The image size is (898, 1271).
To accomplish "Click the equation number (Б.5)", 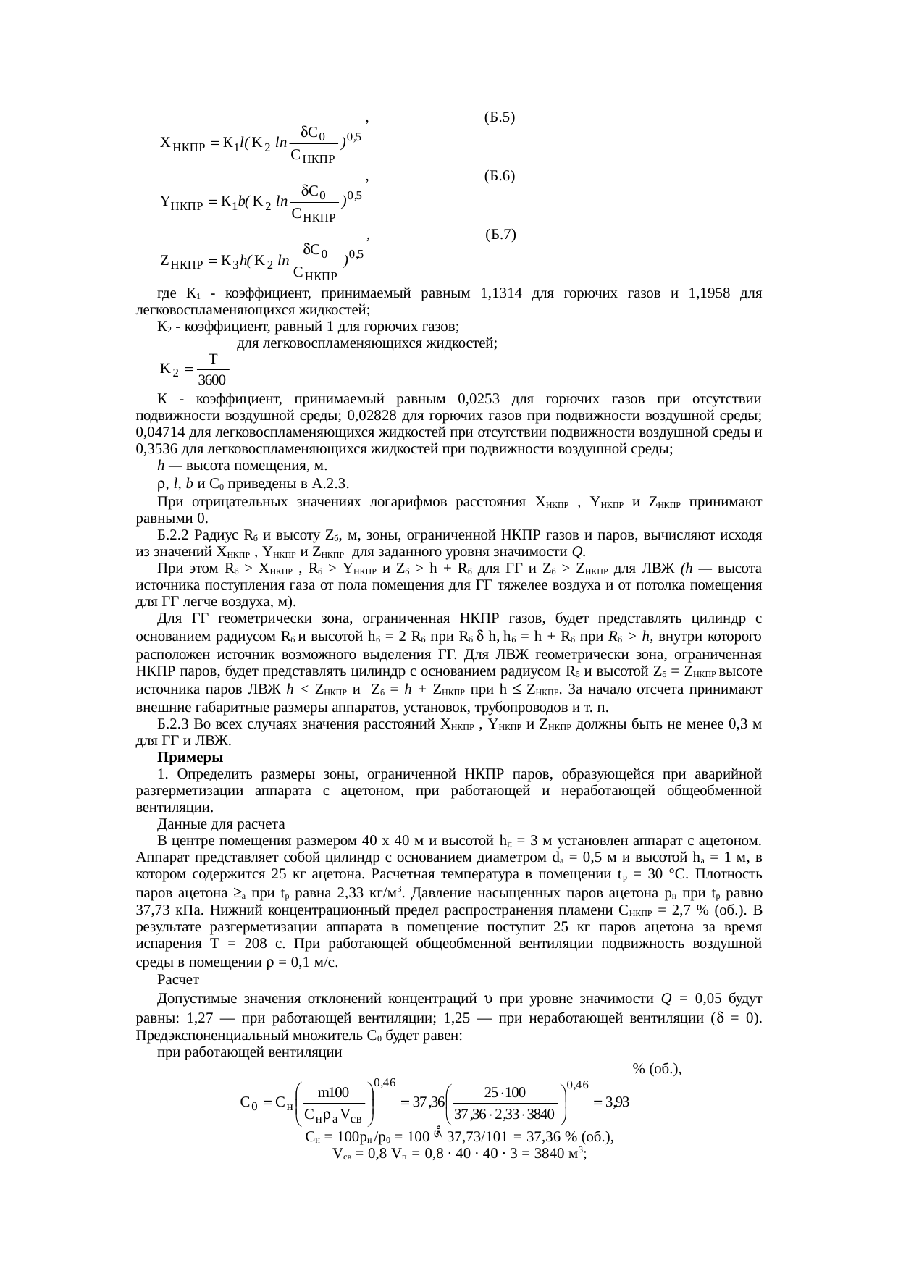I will point(500,117).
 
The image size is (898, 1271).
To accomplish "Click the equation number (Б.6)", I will point(500,175).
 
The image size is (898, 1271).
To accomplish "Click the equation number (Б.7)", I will point(501,234).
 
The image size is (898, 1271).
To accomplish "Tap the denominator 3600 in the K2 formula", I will point(213,380).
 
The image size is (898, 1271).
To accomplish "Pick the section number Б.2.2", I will point(174,535).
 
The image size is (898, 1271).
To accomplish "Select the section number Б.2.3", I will point(174,724).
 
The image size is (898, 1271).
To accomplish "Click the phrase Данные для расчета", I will point(221,824).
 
